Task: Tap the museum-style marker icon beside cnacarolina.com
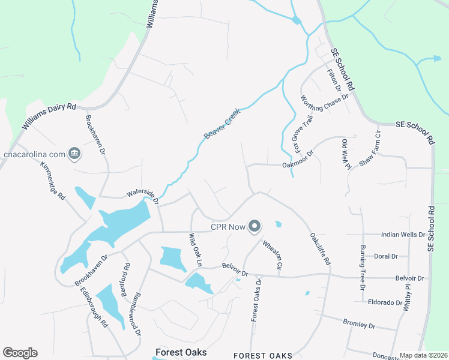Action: pos(74,154)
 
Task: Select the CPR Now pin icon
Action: pos(255,226)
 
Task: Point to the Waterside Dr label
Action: pos(142,196)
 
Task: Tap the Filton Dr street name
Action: pos(334,79)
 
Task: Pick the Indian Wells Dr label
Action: pos(403,234)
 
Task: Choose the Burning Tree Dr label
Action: pos(362,268)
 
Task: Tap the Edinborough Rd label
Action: pos(94,307)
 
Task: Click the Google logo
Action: pos(20,353)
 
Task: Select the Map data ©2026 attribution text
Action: pos(423,355)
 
